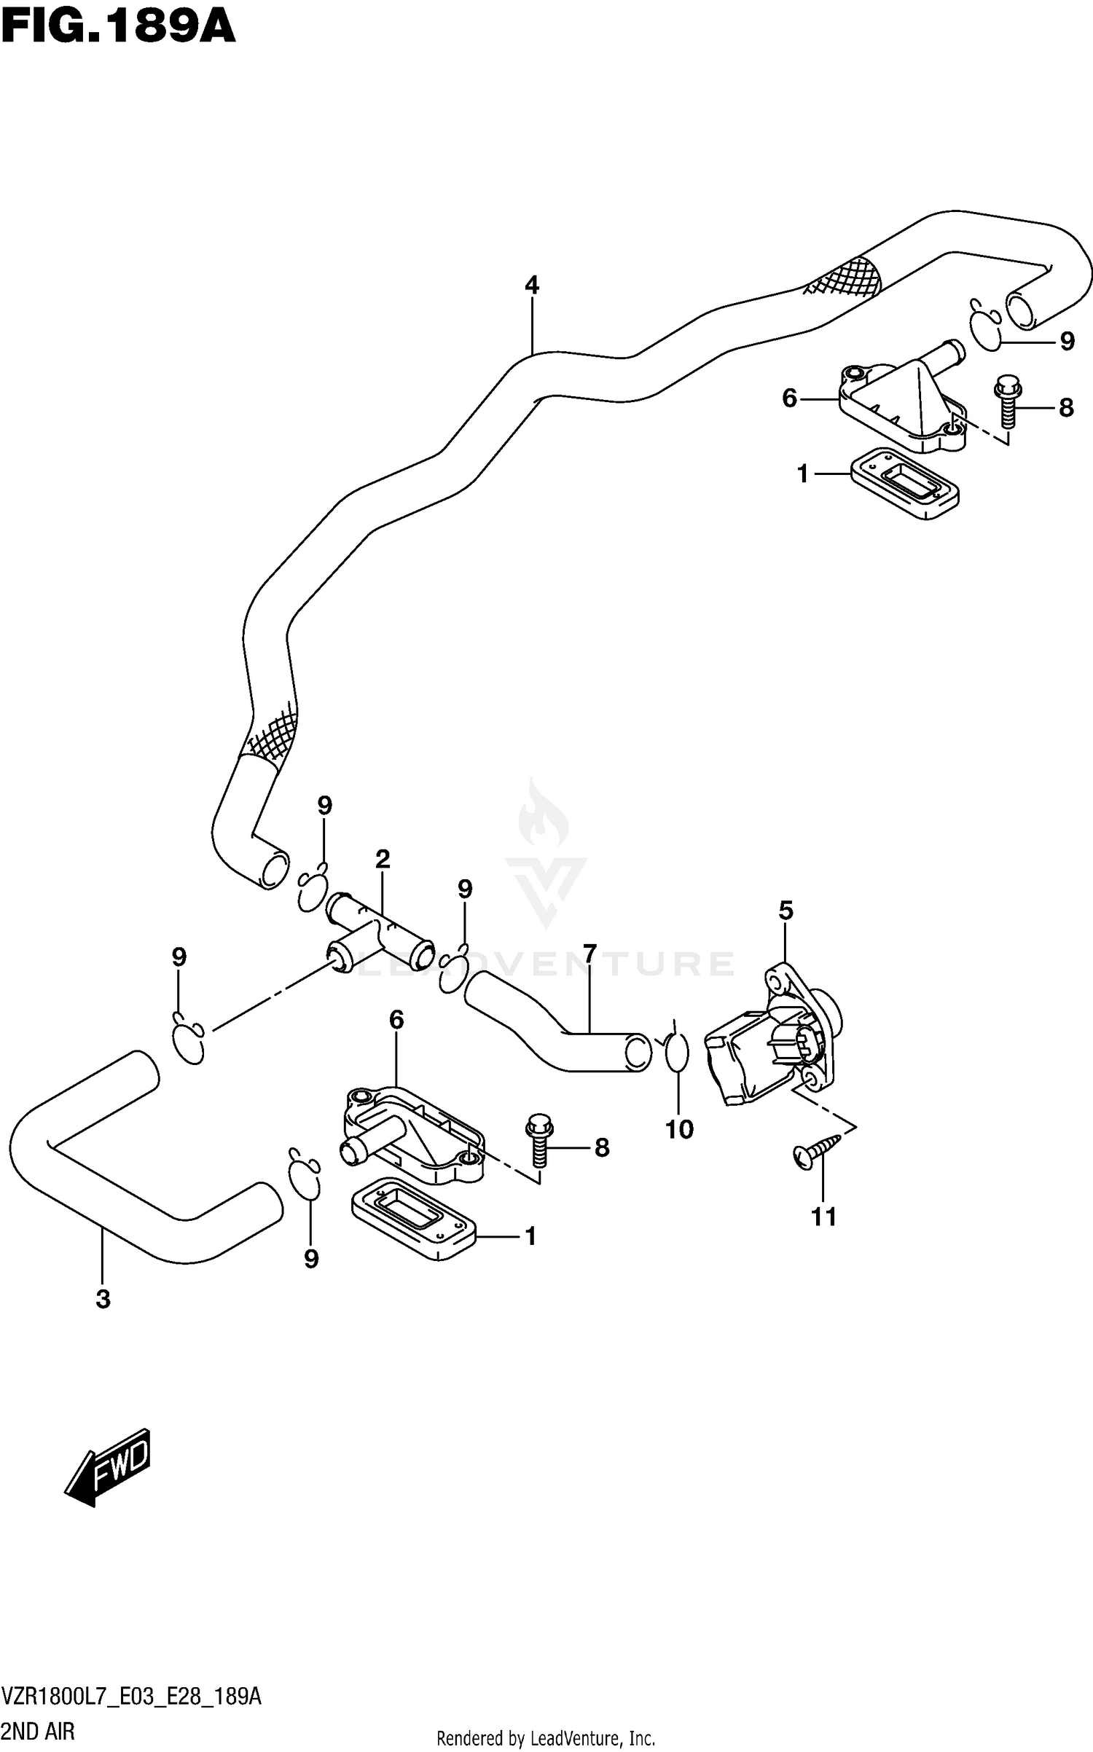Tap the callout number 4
(x=532, y=285)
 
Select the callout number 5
(x=786, y=911)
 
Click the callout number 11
(x=824, y=1217)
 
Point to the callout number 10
(x=679, y=1130)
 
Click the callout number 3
(x=103, y=1299)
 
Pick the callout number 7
(x=589, y=953)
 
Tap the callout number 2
(x=383, y=859)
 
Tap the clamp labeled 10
(x=676, y=1053)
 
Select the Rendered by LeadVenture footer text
(x=546, y=1738)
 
